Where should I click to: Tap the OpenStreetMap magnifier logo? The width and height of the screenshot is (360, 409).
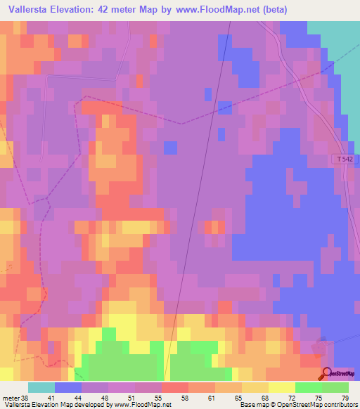[328, 373]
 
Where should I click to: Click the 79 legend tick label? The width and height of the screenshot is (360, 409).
[345, 397]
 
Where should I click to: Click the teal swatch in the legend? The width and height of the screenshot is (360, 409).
[41, 387]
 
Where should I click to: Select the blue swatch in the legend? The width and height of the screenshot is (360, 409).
[67, 387]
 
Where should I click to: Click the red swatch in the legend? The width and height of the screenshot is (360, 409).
[174, 387]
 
